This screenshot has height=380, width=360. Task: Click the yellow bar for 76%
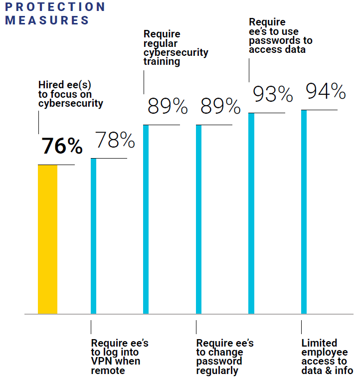(47, 239)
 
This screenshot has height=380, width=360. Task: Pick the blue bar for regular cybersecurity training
(146, 219)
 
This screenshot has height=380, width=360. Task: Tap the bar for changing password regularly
(198, 219)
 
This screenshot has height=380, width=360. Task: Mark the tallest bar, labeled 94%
(304, 212)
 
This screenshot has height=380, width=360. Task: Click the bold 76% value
(62, 146)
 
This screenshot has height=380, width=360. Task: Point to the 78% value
(115, 140)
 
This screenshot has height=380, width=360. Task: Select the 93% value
(272, 94)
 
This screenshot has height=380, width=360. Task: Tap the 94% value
(325, 91)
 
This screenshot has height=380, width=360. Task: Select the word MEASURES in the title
(47, 20)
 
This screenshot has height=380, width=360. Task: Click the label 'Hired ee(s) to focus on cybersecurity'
(71, 94)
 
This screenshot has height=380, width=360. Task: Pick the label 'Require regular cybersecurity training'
(176, 48)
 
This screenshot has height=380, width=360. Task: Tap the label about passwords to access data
(281, 36)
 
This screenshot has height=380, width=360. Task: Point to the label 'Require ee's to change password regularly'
(225, 357)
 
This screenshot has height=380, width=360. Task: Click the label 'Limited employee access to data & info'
(327, 357)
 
